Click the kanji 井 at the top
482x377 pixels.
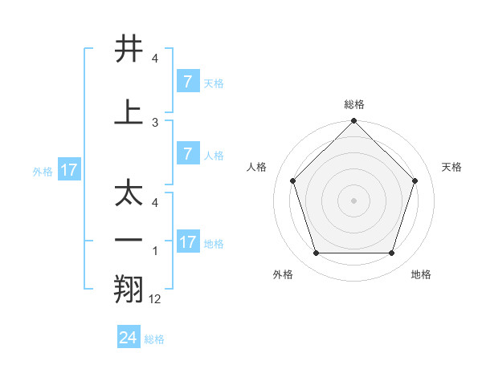click(129, 50)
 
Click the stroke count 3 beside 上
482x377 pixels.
click(155, 123)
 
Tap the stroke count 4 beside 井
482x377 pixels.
click(155, 59)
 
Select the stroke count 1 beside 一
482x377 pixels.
click(155, 252)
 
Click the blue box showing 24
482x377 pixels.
click(129, 338)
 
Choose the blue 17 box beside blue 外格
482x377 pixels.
click(68, 170)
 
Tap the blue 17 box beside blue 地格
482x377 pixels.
click(187, 242)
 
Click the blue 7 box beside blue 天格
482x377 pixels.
click(187, 82)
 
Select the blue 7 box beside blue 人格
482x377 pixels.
click(187, 154)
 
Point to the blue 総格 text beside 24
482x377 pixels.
click(154, 338)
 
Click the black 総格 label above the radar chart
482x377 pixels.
click(353, 104)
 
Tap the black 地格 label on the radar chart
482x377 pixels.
click(421, 275)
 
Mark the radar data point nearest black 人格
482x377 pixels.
click(292, 180)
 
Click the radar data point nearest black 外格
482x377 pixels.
click(316, 253)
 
